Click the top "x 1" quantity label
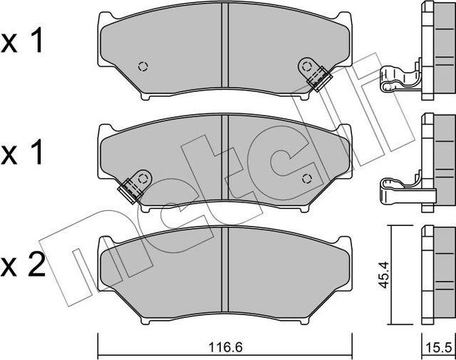pos(23,42)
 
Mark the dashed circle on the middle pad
pos(308,178)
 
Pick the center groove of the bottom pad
pos(225,274)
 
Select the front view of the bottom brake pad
pos(225,278)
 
